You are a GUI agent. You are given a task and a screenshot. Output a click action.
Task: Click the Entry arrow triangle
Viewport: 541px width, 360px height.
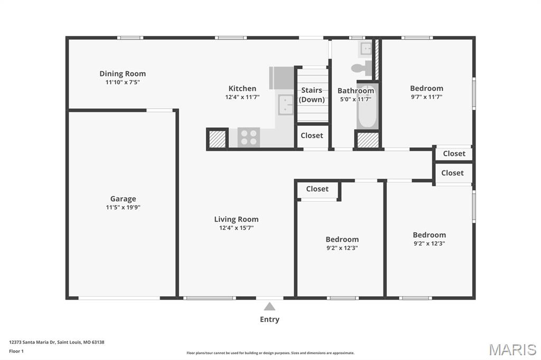[269, 307]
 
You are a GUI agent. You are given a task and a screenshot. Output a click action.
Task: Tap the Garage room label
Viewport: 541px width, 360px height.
[123, 199]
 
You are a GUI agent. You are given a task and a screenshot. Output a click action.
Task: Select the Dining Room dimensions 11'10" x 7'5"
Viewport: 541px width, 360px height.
[123, 82]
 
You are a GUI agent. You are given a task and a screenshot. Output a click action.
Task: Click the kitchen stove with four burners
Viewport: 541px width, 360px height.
[248, 137]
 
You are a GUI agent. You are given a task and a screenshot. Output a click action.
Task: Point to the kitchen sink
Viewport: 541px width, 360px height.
[286, 105]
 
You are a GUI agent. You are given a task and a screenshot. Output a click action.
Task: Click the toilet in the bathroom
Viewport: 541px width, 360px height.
[361, 67]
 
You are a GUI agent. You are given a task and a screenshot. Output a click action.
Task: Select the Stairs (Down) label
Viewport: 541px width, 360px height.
[312, 95]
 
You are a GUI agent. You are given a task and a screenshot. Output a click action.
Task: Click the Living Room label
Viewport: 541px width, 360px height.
[236, 219]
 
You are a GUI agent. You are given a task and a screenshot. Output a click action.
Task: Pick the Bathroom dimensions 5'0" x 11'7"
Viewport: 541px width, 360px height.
[356, 99]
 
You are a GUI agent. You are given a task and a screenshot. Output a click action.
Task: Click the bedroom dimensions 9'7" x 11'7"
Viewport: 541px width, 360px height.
[426, 97]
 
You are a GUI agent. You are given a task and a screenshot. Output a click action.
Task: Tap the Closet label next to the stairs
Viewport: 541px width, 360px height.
[312, 136]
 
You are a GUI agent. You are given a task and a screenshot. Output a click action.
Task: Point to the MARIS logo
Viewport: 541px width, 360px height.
[512, 349]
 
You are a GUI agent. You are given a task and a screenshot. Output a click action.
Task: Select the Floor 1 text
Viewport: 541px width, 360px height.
[16, 351]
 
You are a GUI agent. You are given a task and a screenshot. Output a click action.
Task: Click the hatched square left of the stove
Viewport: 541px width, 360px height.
[217, 139]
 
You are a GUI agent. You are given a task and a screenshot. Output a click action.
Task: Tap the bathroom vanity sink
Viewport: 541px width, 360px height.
[367, 50]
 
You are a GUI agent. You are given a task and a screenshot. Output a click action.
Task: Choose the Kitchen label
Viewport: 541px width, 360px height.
[242, 89]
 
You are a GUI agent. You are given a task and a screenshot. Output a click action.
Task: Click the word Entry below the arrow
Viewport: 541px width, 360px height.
[269, 319]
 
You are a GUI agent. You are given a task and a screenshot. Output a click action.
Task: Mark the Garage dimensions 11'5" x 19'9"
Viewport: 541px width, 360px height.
[123, 207]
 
